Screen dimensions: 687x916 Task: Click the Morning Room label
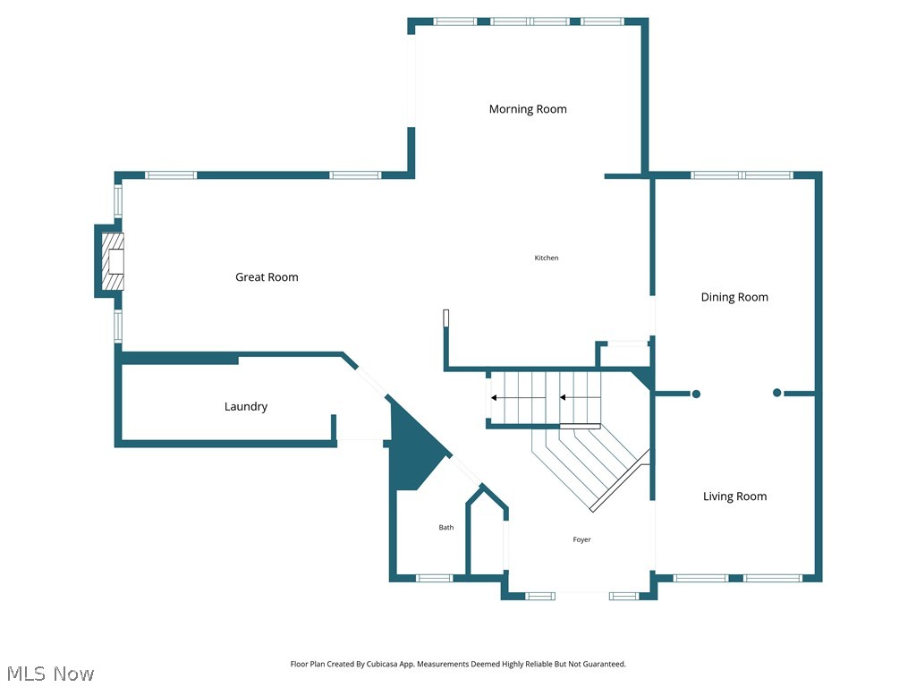(528, 109)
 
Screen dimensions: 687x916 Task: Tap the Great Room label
(267, 277)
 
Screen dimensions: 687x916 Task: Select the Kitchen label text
(547, 258)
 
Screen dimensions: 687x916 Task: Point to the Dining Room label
(734, 297)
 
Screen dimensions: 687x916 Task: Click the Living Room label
(734, 496)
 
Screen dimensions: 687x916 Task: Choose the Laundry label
(246, 406)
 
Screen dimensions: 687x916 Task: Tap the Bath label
(445, 528)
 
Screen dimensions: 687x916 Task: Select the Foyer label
(581, 539)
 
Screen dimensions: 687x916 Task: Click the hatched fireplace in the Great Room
(111, 260)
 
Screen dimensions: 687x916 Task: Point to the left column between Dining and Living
(696, 394)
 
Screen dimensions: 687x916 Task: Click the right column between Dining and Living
(776, 393)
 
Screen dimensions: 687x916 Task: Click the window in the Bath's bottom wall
(435, 578)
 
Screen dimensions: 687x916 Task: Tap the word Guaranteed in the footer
(605, 665)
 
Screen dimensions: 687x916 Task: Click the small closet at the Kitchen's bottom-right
(623, 355)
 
